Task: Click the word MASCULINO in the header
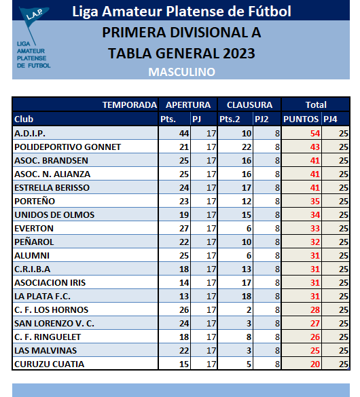coord(181,71)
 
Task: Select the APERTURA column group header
coord(187,105)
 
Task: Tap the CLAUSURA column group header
coord(249,105)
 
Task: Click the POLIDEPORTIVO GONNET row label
coord(67,147)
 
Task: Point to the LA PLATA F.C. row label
coord(42,296)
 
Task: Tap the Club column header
coord(24,119)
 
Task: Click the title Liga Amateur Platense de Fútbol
coord(181,12)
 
